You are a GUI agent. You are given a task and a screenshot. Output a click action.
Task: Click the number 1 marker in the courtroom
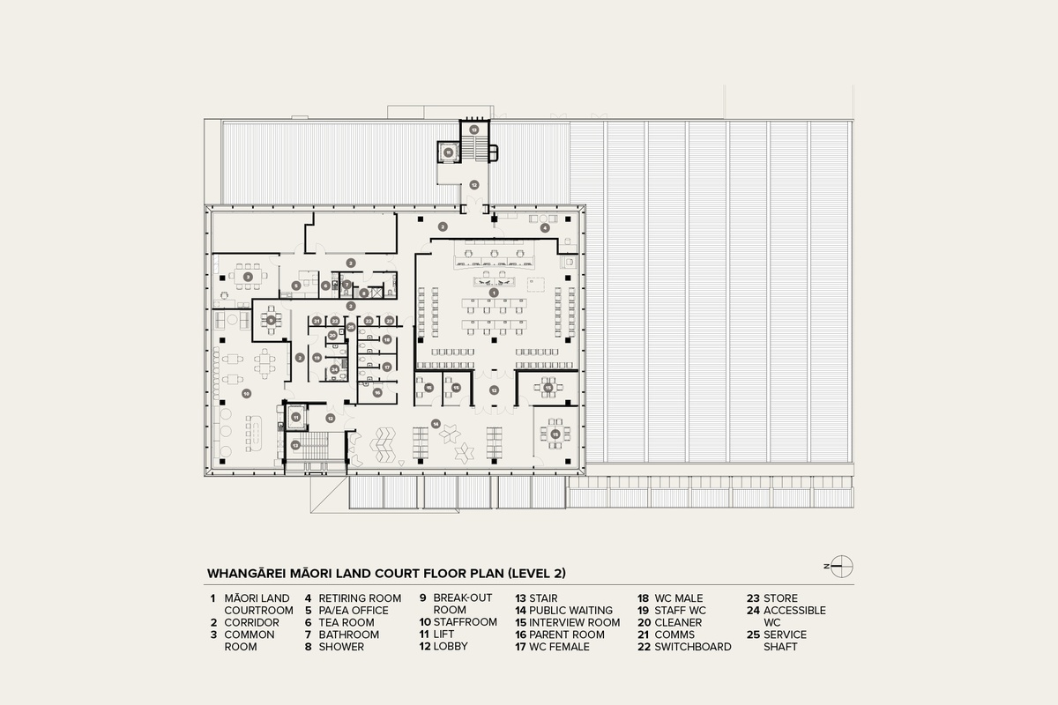coord(494,292)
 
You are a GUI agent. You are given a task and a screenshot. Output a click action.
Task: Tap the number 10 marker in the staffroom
coord(247,393)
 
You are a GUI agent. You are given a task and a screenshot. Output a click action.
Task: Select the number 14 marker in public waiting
coord(435,424)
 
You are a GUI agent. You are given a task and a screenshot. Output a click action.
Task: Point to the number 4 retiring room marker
coord(545,227)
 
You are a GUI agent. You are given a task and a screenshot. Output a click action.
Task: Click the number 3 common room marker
coord(248,277)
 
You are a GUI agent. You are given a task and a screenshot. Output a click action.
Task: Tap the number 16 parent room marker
coord(376,392)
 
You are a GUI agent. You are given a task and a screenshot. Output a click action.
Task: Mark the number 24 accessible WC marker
coord(334,369)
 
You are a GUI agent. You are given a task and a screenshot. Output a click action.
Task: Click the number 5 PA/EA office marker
coord(296,285)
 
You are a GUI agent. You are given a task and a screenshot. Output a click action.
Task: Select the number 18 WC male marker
coord(386,339)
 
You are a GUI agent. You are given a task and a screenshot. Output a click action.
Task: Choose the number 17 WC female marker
coord(386,367)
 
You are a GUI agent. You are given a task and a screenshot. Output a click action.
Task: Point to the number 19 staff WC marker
coord(317,357)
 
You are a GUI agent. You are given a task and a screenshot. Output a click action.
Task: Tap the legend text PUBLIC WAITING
coord(570,610)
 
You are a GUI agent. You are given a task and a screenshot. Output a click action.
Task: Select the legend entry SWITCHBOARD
coord(692,646)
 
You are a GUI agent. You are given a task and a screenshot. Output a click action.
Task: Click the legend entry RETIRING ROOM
coord(360,597)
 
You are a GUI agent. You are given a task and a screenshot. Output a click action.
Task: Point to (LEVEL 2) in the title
coord(534,573)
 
